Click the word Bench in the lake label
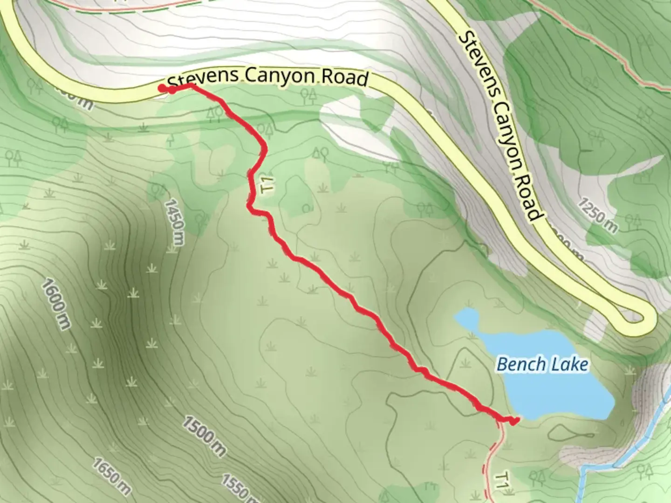coord(520,364)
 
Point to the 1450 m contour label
coord(174,226)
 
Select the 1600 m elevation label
coord(56,304)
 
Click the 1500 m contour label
coord(204,436)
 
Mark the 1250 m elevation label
coord(598,215)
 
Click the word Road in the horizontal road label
coord(345,78)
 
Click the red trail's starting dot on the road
coord(162,88)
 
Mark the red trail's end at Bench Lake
coord(514,421)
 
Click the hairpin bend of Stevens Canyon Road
coord(645,320)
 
